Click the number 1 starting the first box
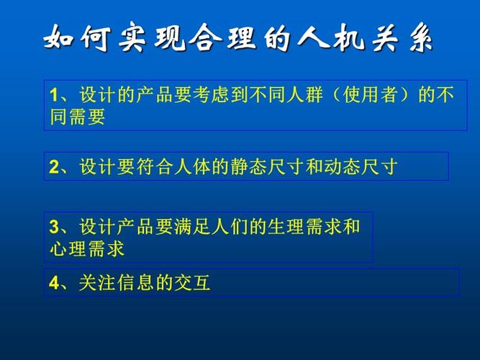click(x=53, y=96)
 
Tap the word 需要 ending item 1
click(x=87, y=117)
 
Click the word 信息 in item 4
click(x=135, y=283)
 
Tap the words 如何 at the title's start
click(x=73, y=37)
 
